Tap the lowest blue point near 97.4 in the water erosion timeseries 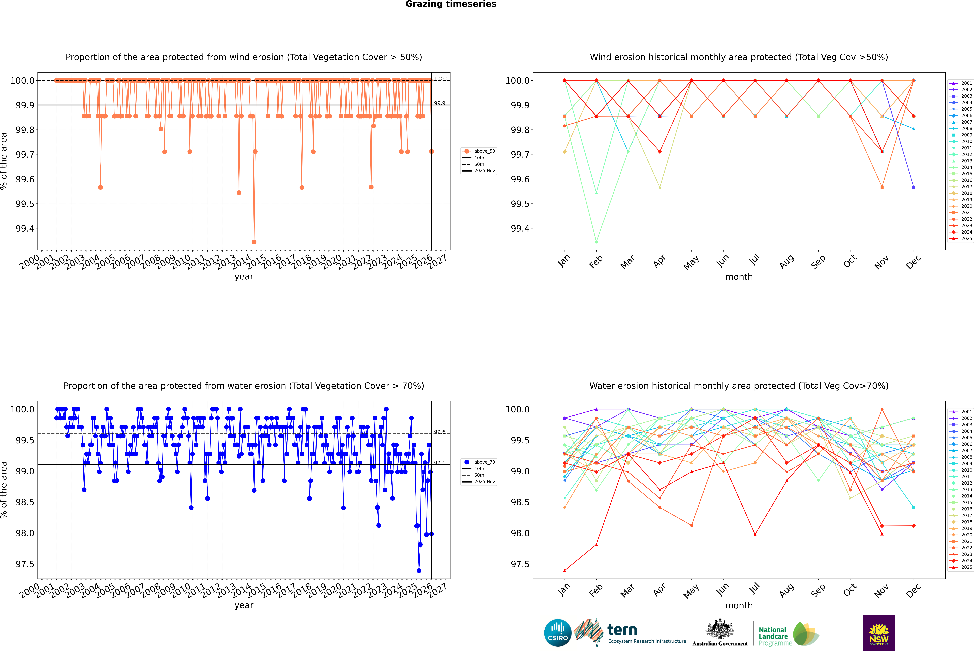[419, 570]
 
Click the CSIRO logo [558, 633]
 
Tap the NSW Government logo [879, 633]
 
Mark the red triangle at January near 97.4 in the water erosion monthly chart [565, 570]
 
